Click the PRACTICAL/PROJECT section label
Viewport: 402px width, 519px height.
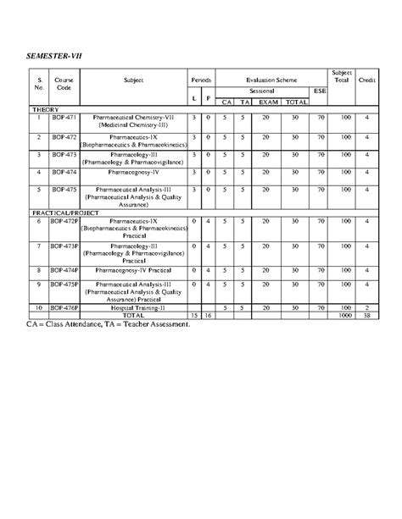click(65, 213)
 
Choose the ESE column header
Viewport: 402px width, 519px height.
click(319, 90)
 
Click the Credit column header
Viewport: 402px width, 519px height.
click(366, 79)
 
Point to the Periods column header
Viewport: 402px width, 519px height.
click(201, 79)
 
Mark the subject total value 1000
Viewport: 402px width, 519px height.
click(345, 315)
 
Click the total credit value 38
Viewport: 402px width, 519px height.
click(366, 315)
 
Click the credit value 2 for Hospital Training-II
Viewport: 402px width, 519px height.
click(366, 308)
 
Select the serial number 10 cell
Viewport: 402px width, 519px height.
click(39, 308)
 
